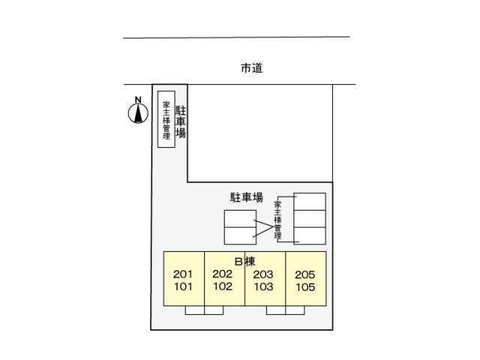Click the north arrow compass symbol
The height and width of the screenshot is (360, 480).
(137, 112)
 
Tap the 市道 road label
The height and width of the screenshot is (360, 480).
(252, 68)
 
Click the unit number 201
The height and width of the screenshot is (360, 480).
(184, 274)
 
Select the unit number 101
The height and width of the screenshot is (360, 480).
(184, 286)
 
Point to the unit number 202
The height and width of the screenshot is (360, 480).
(223, 274)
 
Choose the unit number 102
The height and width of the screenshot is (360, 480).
(223, 286)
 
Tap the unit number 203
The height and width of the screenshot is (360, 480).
(264, 274)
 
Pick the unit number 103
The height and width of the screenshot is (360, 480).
(264, 286)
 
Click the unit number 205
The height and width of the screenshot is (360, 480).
(304, 274)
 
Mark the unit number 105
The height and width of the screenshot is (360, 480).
(304, 286)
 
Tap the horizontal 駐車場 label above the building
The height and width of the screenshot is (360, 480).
(246, 198)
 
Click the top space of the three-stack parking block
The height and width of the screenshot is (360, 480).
(310, 202)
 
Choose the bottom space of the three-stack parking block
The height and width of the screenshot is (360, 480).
(310, 235)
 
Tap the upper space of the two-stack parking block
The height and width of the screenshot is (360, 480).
(239, 218)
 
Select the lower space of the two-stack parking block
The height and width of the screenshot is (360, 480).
(239, 235)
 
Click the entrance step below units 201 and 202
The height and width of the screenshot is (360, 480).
(204, 310)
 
